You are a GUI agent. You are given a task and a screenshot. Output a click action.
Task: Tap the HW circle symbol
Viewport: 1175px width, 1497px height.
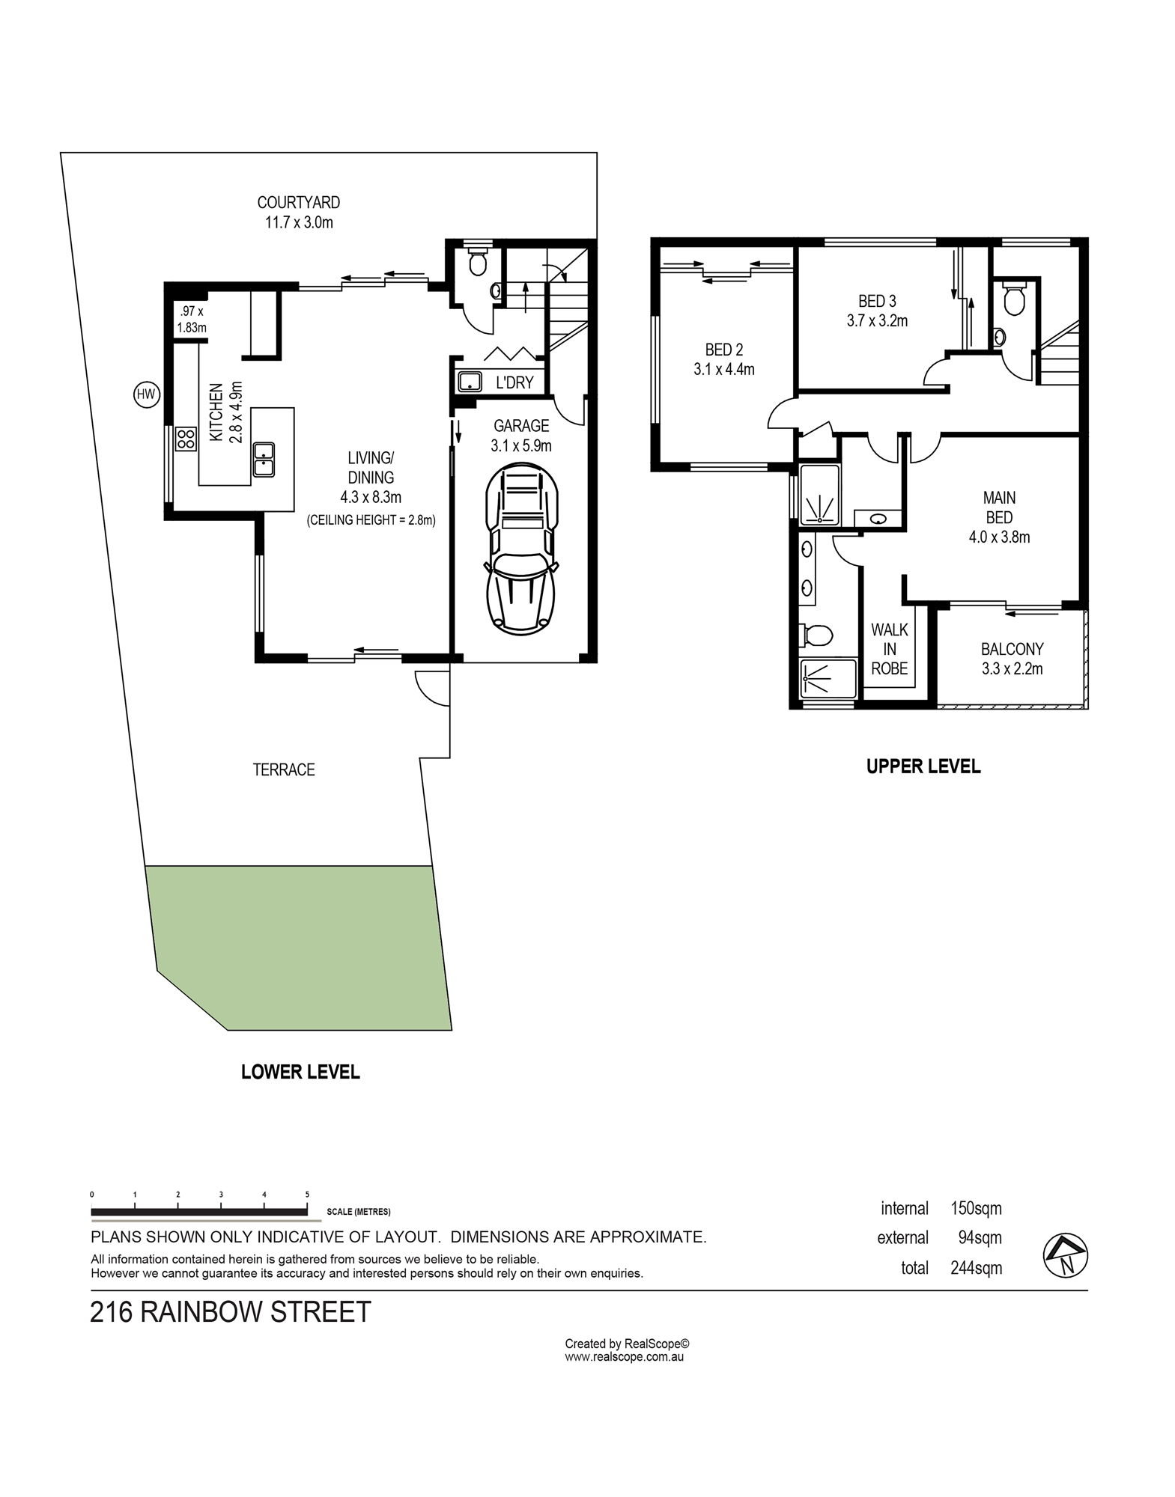pyautogui.click(x=147, y=394)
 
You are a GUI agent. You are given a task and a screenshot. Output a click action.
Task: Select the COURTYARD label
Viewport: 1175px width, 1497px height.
pyautogui.click(x=298, y=202)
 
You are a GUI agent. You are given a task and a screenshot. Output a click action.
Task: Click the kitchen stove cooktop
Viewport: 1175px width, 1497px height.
pyautogui.click(x=186, y=439)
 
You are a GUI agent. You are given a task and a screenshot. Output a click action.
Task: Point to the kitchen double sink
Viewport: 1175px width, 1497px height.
pyautogui.click(x=264, y=460)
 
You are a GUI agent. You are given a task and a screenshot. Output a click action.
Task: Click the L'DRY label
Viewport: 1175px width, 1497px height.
pyautogui.click(x=514, y=382)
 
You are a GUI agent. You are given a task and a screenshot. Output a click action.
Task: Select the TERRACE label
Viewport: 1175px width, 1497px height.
pyautogui.click(x=284, y=769)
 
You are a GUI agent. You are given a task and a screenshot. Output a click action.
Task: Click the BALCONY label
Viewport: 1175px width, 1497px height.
pyautogui.click(x=1012, y=649)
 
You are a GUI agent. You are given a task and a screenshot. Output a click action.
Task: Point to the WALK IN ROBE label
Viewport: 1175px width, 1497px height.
pyautogui.click(x=890, y=649)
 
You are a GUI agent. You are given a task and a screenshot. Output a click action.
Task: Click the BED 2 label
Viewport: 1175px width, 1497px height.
pyautogui.click(x=724, y=350)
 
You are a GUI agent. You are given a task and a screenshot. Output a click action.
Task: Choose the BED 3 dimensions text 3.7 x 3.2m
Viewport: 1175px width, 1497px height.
pyautogui.click(x=877, y=321)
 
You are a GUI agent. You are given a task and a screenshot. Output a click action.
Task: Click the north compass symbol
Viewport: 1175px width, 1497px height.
pyautogui.click(x=1066, y=1255)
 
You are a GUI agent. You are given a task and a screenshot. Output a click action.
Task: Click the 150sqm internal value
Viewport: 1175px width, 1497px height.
pyautogui.click(x=976, y=1208)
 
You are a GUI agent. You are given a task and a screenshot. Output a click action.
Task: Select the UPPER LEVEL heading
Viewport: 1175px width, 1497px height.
pyautogui.click(x=923, y=766)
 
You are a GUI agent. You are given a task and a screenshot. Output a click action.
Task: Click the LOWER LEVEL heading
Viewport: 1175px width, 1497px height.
pyautogui.click(x=300, y=1072)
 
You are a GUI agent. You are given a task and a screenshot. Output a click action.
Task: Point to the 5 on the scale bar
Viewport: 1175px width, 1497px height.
pyautogui.click(x=307, y=1195)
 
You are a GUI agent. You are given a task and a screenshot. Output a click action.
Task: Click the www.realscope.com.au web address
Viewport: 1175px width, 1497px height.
pyautogui.click(x=624, y=1356)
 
